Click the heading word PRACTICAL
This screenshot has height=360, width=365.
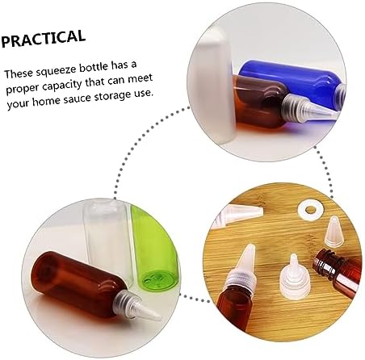(43, 38)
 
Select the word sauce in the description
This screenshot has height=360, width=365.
(78, 98)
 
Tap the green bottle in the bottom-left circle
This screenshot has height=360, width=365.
(155, 248)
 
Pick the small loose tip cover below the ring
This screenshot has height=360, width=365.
(334, 232)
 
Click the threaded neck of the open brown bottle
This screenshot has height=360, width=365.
(327, 262)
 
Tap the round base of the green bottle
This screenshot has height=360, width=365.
(159, 280)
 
